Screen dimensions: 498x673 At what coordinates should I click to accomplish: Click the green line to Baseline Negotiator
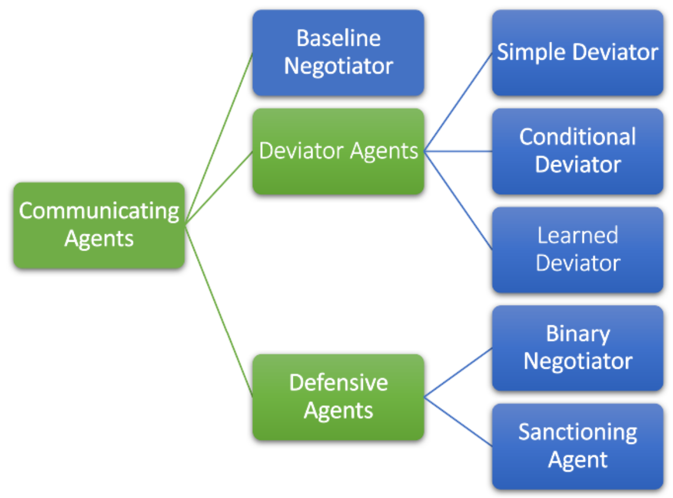[219, 138]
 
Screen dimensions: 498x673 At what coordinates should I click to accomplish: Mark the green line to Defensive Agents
[219, 310]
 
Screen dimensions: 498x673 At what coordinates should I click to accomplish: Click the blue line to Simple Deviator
[458, 102]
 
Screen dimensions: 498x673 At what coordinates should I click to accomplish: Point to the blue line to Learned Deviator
[458, 201]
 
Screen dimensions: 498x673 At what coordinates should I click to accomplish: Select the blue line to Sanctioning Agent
[458, 421]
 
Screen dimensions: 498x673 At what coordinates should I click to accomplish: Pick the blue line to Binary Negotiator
[458, 373]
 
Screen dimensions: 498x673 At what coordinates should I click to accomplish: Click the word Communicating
[99, 211]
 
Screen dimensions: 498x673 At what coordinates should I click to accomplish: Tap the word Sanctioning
[577, 432]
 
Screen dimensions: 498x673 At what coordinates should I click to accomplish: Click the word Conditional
[577, 137]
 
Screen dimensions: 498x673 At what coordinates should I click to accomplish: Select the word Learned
[577, 235]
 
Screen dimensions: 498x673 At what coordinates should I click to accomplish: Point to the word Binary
[577, 334]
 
